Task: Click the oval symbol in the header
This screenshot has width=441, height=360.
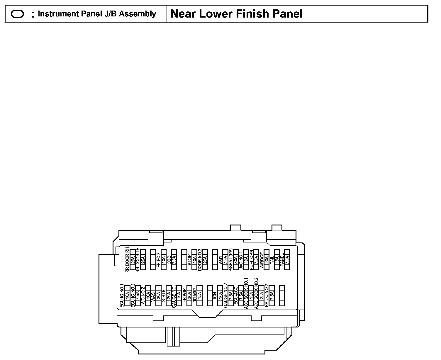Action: pyautogui.click(x=17, y=14)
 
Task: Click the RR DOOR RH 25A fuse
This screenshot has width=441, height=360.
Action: pyautogui.click(x=133, y=259)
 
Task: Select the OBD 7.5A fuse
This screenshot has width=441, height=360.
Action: pyautogui.click(x=174, y=259)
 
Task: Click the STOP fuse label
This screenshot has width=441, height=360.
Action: pyautogui.click(x=189, y=260)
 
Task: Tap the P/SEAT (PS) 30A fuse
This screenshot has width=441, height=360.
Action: pyautogui.click(x=235, y=259)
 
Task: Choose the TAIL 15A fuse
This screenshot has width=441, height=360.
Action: pyautogui.click(x=277, y=259)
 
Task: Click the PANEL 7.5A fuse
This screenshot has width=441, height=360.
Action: pyautogui.click(x=287, y=259)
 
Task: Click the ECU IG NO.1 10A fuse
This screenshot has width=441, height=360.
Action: pyautogui.click(x=127, y=296)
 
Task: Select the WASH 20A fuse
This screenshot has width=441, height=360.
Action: pyautogui.click(x=158, y=296)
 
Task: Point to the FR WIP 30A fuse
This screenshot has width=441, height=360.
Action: pyautogui.click(x=189, y=296)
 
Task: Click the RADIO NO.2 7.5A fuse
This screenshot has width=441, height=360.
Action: pyautogui.click(x=272, y=296)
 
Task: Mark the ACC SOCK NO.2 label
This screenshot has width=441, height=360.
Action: pyautogui.click(x=256, y=293)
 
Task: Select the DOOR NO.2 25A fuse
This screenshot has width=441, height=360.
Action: pyautogui.click(x=205, y=259)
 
